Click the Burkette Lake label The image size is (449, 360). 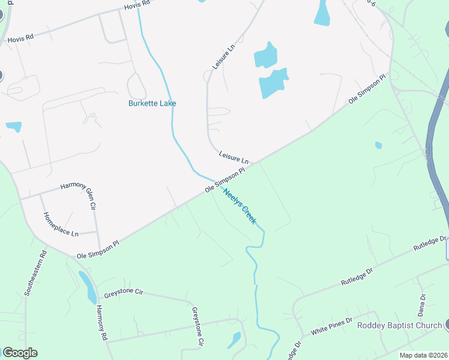click(152, 103)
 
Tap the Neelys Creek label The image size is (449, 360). click(240, 207)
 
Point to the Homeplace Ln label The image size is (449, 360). click(61, 224)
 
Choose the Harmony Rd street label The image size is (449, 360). click(101, 323)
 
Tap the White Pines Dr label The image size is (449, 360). click(331, 328)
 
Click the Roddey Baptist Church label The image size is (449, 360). click(399, 326)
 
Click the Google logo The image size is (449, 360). click(20, 353)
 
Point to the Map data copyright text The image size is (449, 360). click(423, 355)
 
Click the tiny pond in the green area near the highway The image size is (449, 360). click(378, 145)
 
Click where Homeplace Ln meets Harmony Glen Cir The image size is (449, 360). click(98, 232)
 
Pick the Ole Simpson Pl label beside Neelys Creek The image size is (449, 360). click(225, 179)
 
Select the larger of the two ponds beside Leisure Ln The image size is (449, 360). click(273, 83)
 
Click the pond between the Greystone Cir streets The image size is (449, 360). click(234, 340)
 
